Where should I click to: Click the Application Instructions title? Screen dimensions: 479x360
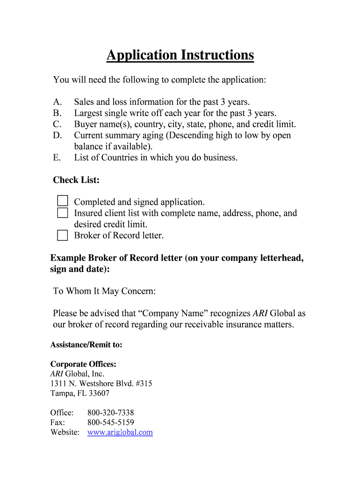pyautogui.click(x=180, y=55)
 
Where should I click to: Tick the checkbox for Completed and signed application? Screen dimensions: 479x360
pyautogui.click(x=63, y=201)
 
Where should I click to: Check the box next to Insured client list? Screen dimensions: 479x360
pyautogui.click(x=63, y=213)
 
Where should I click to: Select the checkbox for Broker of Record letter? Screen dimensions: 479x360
pyautogui.click(x=63, y=235)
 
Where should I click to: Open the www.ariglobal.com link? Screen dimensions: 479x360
pyautogui.click(x=120, y=432)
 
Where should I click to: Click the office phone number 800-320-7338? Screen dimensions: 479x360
pyautogui.click(x=111, y=413)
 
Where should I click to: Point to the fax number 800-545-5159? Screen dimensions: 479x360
pyautogui.click(x=111, y=422)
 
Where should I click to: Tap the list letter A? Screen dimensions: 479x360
pyautogui.click(x=58, y=102)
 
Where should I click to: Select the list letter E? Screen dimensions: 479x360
pyautogui.click(x=57, y=158)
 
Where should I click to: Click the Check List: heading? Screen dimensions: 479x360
pyautogui.click(x=76, y=180)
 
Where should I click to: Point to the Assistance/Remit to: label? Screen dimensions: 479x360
pyautogui.click(x=86, y=345)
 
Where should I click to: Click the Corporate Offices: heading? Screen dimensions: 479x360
pyautogui.click(x=83, y=364)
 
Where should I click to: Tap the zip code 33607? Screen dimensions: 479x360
pyautogui.click(x=100, y=393)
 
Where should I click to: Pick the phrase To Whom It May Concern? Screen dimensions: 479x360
pyautogui.click(x=104, y=291)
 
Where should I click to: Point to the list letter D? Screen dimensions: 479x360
pyautogui.click(x=58, y=136)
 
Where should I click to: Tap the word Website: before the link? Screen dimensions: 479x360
pyautogui.click(x=65, y=432)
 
